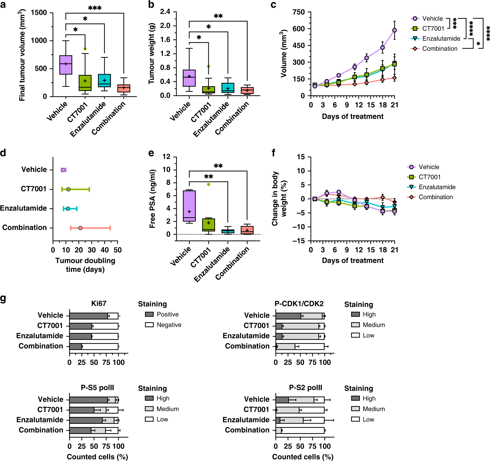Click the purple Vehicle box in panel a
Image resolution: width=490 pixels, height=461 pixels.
coord(66,65)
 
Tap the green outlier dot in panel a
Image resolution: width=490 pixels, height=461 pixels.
coord(85,49)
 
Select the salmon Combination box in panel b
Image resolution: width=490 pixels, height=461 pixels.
coord(247,90)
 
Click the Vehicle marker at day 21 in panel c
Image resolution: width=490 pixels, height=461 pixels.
coord(394,30)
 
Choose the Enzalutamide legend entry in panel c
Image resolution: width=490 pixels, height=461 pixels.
coord(441,39)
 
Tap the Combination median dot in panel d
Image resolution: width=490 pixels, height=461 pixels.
coord(80,228)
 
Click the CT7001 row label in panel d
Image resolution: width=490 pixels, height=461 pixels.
coord(34,189)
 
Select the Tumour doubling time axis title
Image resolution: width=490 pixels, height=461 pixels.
coord(85,265)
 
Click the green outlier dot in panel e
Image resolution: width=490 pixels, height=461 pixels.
coord(209,184)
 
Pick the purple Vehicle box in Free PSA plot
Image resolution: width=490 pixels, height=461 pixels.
coord(189,206)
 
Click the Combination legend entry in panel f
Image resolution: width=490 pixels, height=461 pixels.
coord(436,197)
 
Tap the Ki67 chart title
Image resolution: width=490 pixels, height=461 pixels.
coord(99,303)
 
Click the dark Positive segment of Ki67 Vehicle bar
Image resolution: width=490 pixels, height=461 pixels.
coord(88,316)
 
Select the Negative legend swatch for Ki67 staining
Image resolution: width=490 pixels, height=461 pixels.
coord(149,325)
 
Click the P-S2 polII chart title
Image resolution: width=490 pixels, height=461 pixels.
coord(305,387)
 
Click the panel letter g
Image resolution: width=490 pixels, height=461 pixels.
coord(3,298)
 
